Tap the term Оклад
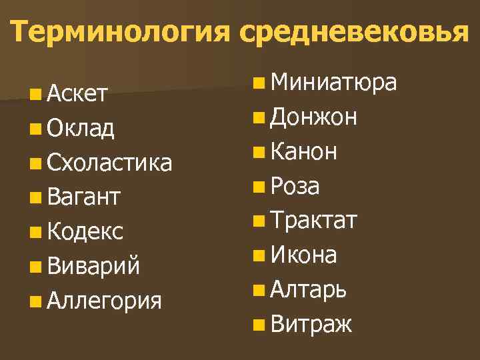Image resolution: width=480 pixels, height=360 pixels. pos(81,128)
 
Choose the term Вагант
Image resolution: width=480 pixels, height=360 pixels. pos(83,197)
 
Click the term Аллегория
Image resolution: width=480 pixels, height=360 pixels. pos(104,301)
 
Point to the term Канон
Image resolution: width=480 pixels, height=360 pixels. pos(304,152)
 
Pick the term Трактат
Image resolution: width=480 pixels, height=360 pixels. pos(315,221)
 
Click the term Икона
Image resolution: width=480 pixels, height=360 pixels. pos(304,255)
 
